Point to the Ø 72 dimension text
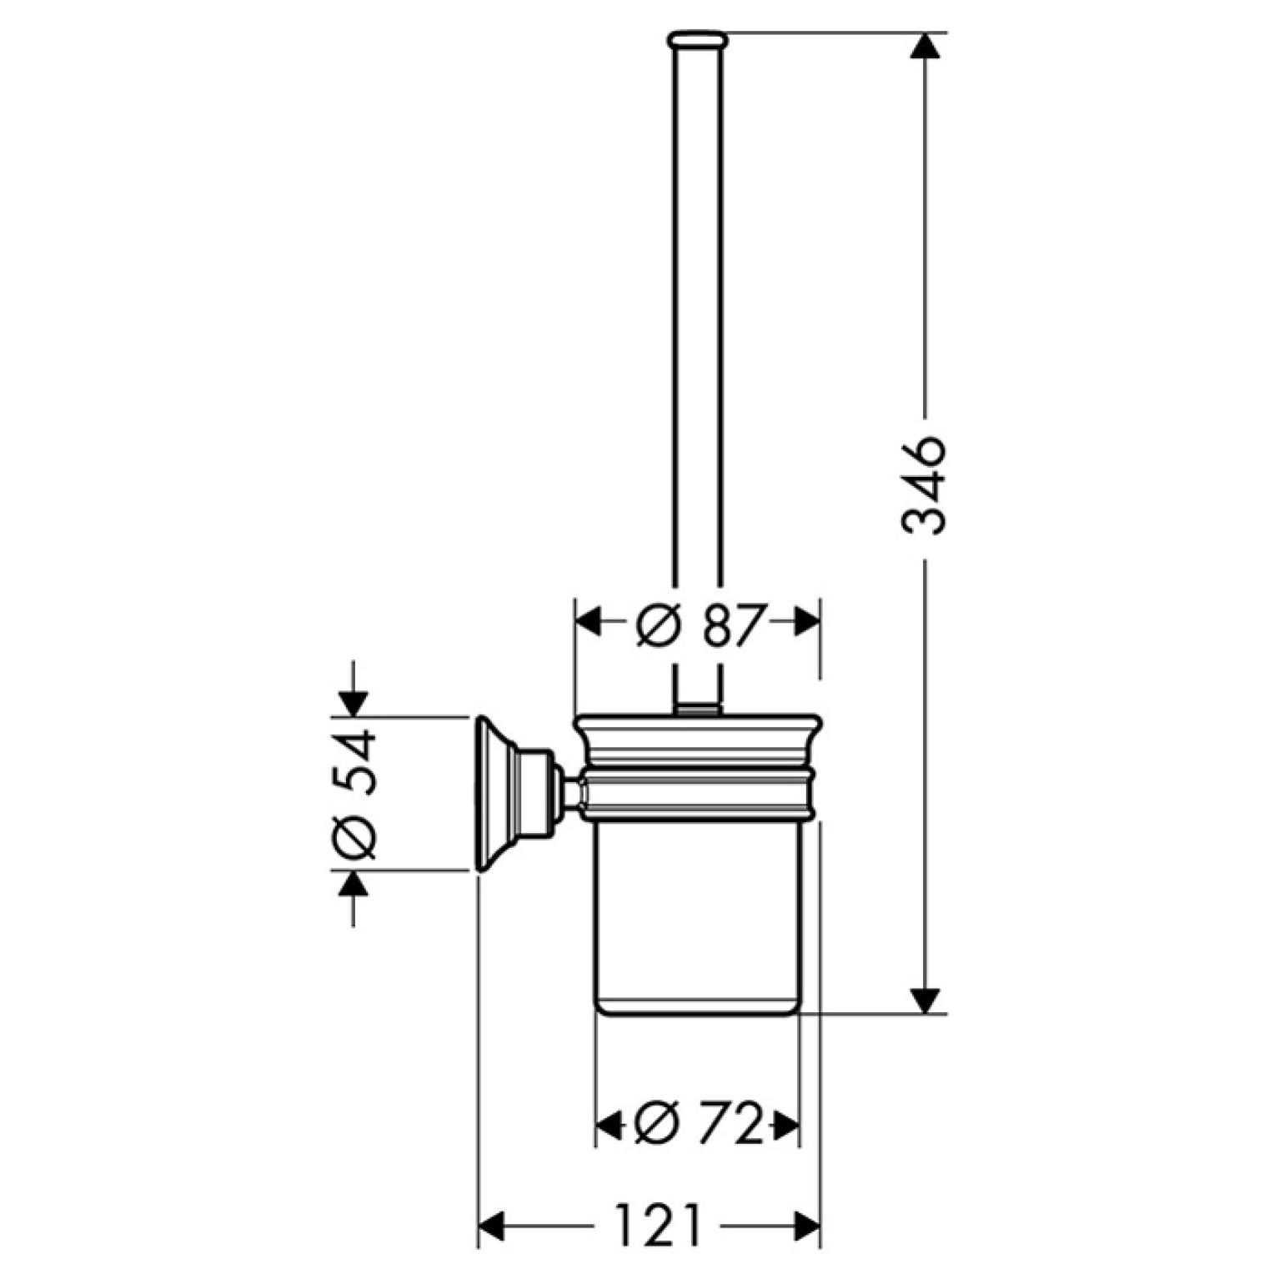(699, 1125)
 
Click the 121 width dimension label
(659, 1224)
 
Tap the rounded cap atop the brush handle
(698, 38)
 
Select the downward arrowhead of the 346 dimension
(925, 1000)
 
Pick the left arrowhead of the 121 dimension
(492, 1225)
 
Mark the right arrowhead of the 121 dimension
(806, 1225)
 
